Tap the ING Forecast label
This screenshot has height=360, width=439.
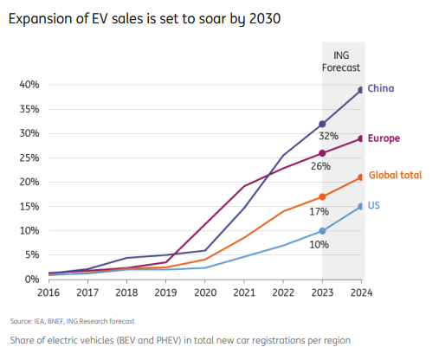click(x=341, y=61)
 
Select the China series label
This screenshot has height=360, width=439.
click(x=381, y=88)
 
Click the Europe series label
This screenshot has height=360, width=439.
click(x=384, y=138)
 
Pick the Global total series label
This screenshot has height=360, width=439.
click(x=395, y=175)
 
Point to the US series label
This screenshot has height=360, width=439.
click(x=374, y=205)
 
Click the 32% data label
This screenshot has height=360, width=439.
click(x=328, y=137)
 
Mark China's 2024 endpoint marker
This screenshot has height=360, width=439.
click(x=360, y=89)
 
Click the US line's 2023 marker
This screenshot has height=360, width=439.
click(x=322, y=231)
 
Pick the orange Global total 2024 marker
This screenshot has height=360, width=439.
click(x=360, y=177)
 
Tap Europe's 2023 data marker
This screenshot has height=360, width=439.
click(x=322, y=153)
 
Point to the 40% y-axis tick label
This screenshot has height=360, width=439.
click(x=29, y=85)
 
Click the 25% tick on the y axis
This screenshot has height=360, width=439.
click(x=29, y=158)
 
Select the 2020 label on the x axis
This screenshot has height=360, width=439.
click(x=204, y=293)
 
